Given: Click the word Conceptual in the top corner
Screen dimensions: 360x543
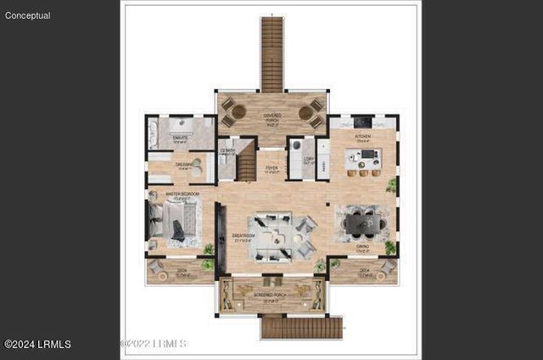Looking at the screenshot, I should click(x=27, y=15).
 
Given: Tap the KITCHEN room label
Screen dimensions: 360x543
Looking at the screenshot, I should click(x=362, y=136).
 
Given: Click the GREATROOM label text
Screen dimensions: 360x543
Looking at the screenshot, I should click(x=243, y=237).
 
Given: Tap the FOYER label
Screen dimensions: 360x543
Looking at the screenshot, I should click(x=271, y=169).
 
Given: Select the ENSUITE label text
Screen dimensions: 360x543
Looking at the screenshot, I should click(x=180, y=137).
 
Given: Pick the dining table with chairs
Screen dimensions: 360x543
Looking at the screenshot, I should click(x=363, y=223).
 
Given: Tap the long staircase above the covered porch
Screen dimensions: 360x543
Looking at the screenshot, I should click(x=271, y=53).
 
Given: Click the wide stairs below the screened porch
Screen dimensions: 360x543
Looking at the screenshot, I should click(x=301, y=328).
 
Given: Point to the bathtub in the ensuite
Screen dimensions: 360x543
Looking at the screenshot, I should click(x=154, y=134).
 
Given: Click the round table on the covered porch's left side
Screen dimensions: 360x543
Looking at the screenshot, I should click(x=238, y=111).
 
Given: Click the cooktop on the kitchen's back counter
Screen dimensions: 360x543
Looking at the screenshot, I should click(x=361, y=121).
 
